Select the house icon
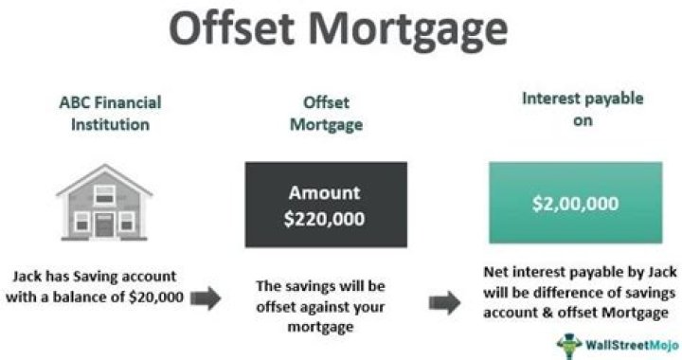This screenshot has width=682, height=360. coord(105,203)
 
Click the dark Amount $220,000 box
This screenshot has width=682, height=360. coord(325,203)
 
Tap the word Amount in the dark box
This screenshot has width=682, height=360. coord(325,191)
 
